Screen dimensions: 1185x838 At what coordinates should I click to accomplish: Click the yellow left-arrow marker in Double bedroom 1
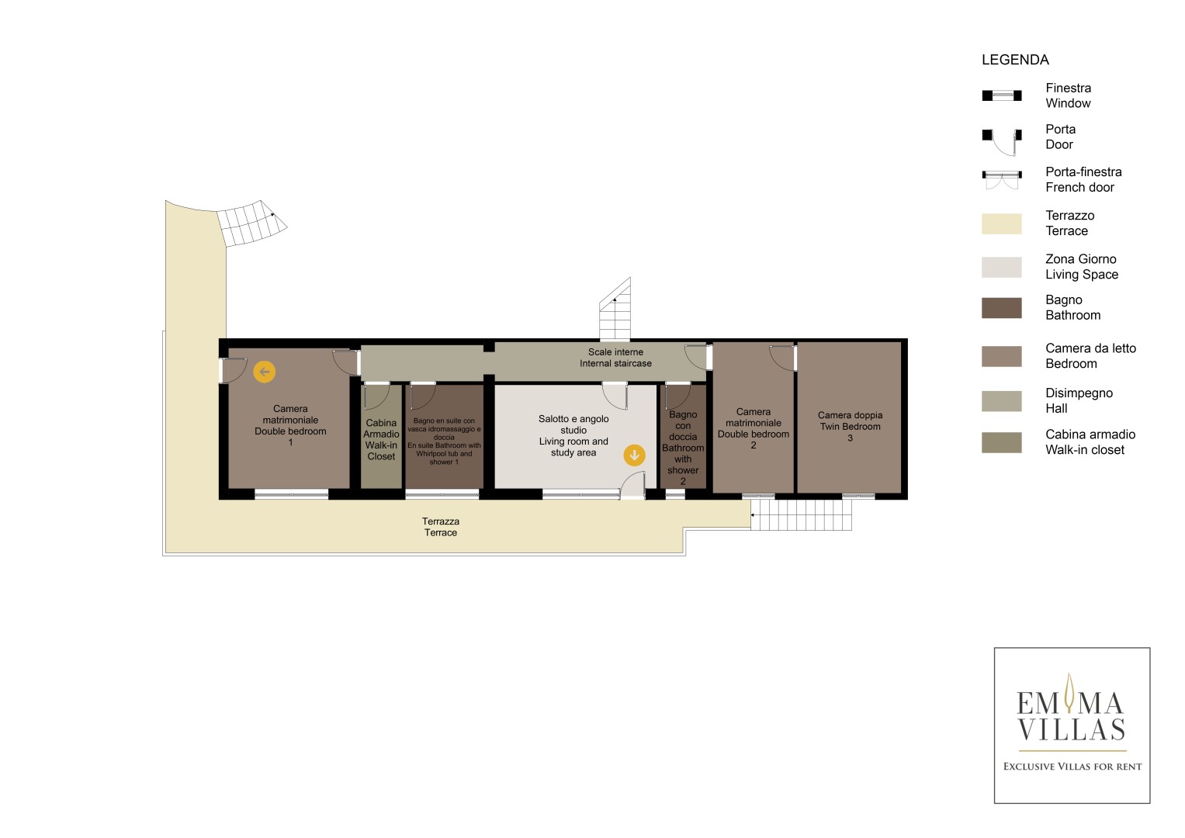click(264, 372)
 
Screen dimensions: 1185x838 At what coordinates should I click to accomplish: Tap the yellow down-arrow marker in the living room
click(634, 455)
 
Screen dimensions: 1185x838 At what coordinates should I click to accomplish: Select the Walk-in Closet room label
click(381, 440)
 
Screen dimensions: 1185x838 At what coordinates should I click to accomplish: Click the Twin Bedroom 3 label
click(850, 427)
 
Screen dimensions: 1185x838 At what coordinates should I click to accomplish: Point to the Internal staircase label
click(615, 358)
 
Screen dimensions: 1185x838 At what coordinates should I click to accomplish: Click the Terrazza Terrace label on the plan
click(441, 527)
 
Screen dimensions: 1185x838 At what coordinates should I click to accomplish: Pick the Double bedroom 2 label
click(754, 428)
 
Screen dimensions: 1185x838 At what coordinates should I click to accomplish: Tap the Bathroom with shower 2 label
click(683, 448)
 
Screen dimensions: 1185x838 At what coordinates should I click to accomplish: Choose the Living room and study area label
click(573, 435)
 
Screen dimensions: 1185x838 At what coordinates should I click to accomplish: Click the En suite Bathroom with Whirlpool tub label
click(444, 442)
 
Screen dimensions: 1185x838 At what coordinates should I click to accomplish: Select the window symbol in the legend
click(1001, 95)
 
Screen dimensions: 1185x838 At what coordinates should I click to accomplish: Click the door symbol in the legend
click(1001, 142)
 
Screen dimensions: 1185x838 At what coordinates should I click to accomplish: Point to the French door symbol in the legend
click(1001, 180)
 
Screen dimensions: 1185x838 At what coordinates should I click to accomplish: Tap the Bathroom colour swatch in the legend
click(1001, 308)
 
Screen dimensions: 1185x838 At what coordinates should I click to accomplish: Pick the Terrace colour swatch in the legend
click(1001, 223)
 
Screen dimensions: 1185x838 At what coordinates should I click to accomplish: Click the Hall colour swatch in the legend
click(1001, 401)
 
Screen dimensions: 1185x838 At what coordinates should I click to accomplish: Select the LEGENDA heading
click(1015, 60)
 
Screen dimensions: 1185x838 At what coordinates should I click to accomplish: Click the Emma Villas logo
click(1072, 725)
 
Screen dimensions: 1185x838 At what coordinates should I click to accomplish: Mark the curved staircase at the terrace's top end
click(252, 223)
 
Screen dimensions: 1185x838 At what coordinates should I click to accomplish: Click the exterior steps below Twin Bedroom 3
click(801, 514)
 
